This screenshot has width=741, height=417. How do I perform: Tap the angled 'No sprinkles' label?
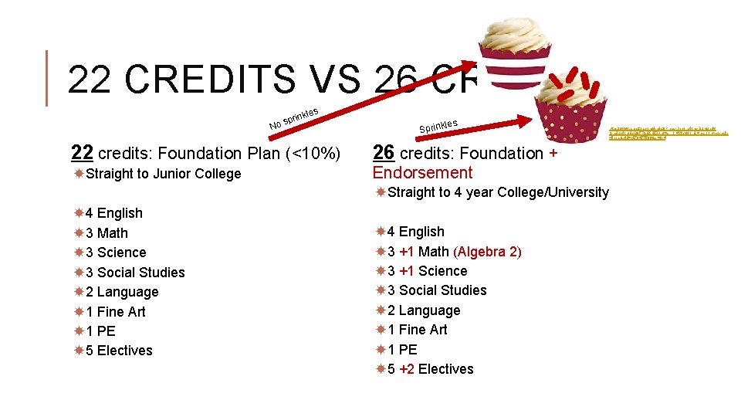point(293,117)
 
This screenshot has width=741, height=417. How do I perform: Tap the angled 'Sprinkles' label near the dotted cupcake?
point(438,124)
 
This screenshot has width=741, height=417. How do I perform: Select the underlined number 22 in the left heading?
point(83,153)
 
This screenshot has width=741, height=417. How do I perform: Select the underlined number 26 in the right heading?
point(384,153)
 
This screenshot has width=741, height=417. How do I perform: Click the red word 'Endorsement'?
point(422,172)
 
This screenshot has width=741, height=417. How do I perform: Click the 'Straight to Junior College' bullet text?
point(164,174)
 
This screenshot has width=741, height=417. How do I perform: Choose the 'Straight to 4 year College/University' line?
point(498,192)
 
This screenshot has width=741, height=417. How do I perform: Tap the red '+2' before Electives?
point(407,369)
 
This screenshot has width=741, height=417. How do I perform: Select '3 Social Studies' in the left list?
point(135,273)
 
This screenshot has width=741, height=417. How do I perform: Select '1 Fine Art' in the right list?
point(418,330)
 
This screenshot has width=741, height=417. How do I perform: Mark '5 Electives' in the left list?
point(119,351)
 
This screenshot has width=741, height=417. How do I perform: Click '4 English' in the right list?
point(416,232)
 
